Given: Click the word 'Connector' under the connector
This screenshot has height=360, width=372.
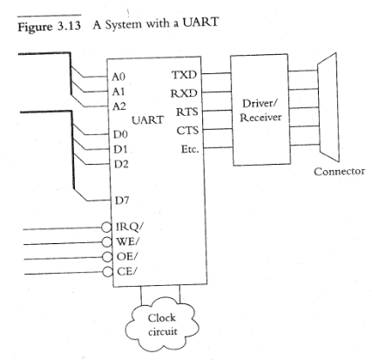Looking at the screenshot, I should click(x=337, y=171).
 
